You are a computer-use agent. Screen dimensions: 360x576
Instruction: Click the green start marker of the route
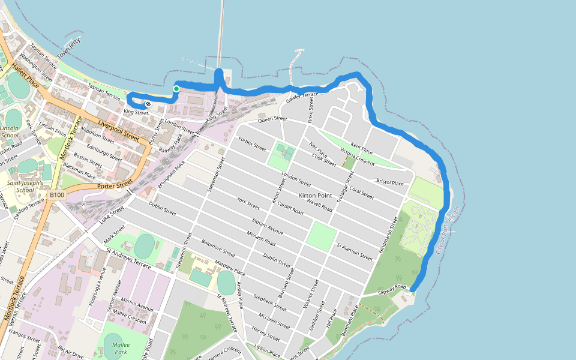click(x=176, y=89)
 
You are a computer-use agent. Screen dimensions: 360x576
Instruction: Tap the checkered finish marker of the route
click(x=148, y=104)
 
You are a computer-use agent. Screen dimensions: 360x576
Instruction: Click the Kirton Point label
click(x=315, y=196)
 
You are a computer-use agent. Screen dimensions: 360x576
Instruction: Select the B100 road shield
click(x=57, y=195)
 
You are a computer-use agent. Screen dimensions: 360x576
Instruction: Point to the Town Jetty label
click(x=68, y=49)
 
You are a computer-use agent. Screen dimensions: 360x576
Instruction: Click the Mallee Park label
click(x=121, y=348)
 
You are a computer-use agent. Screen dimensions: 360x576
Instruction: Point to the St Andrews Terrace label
click(x=128, y=255)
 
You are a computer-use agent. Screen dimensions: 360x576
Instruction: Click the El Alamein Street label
click(x=354, y=251)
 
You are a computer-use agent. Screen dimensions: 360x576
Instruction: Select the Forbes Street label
click(x=252, y=143)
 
